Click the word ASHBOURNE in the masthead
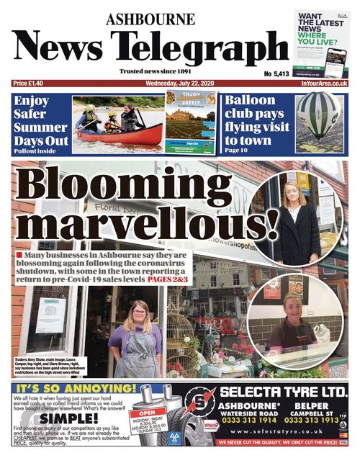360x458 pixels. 150,19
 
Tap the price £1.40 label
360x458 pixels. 30,84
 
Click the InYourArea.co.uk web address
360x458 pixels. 320,84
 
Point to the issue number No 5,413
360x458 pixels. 276,73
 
